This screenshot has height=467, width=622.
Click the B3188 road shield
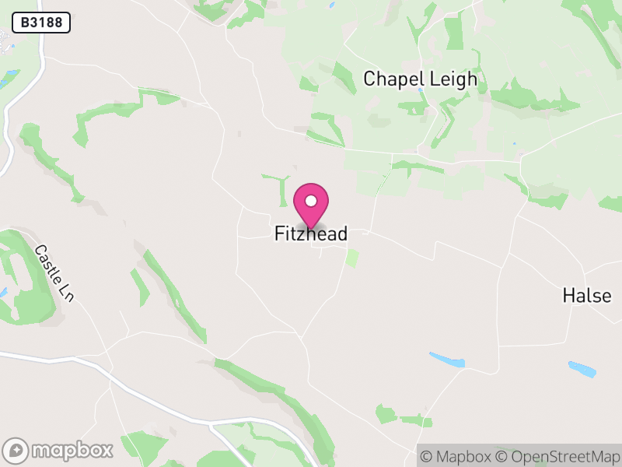click(x=41, y=23)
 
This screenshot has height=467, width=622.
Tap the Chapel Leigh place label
click(x=420, y=79)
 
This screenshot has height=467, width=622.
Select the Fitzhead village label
click(x=310, y=233)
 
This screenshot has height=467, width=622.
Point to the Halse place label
click(x=587, y=296)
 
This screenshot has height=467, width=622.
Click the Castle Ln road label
click(x=54, y=273)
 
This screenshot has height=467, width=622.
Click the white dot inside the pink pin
click(x=311, y=201)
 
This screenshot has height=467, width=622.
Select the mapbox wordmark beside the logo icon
click(x=72, y=450)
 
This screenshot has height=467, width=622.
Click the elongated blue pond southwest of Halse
click(x=447, y=360)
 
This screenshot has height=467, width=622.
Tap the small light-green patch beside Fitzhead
click(x=352, y=258)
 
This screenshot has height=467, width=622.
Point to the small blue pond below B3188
click(x=10, y=76)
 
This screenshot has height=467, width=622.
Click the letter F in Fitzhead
click(x=279, y=233)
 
